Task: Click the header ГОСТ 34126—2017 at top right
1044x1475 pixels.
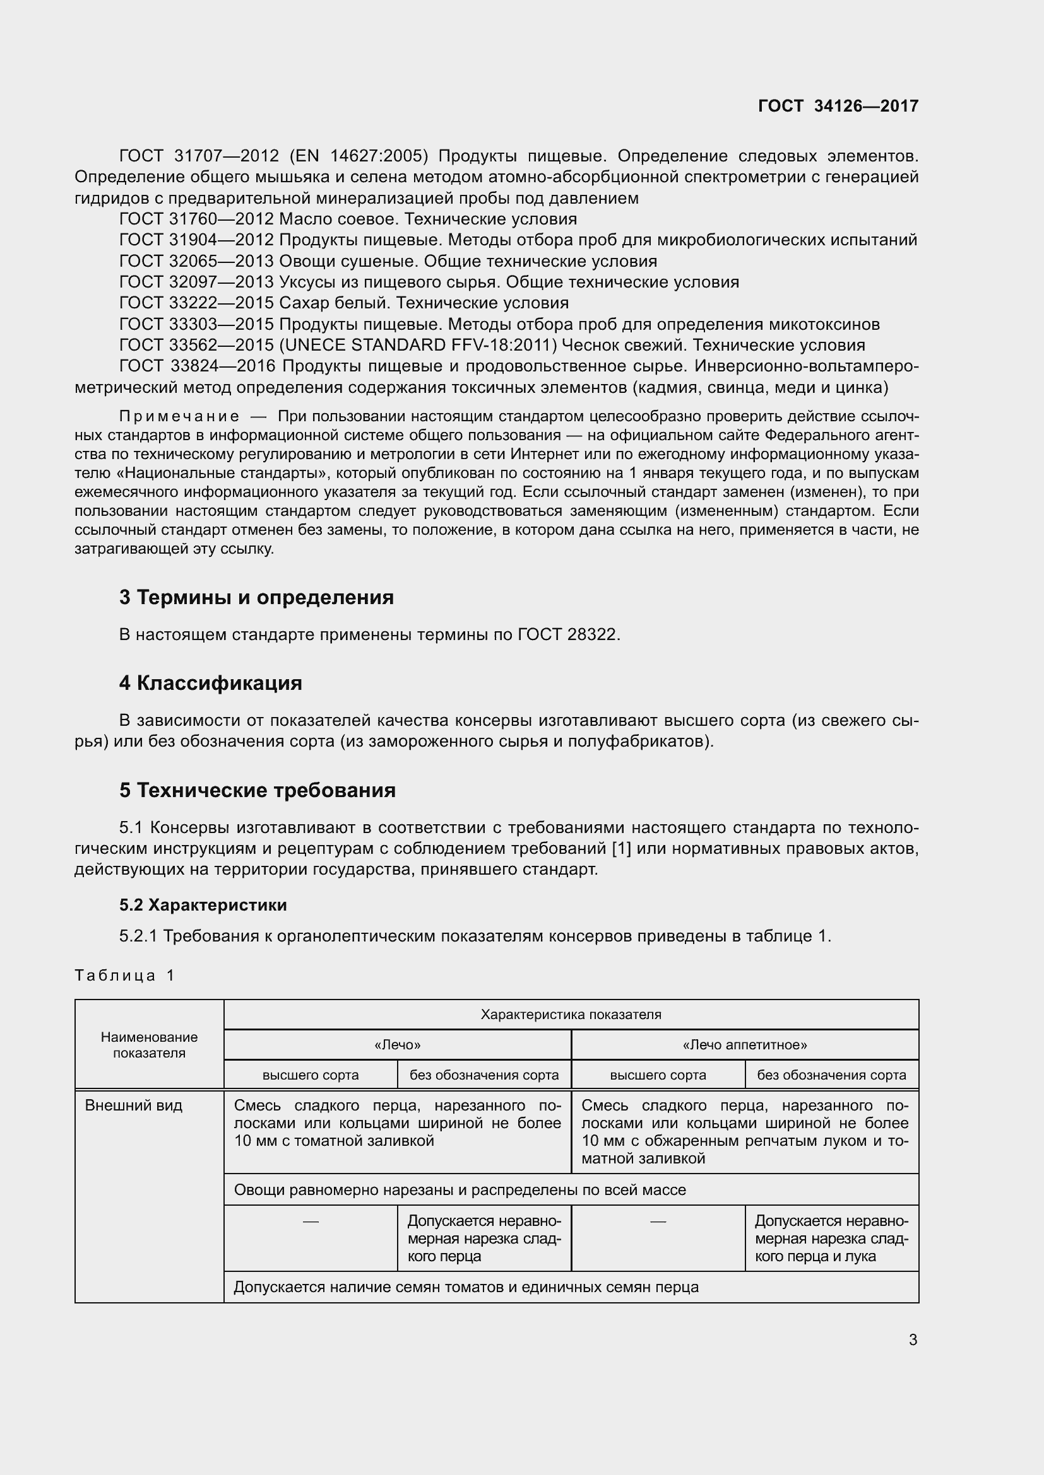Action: click(838, 106)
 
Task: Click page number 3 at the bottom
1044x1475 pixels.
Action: click(913, 1339)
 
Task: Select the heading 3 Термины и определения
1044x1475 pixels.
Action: click(256, 597)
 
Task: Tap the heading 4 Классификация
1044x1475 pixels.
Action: click(210, 683)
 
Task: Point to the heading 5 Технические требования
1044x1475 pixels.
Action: click(257, 790)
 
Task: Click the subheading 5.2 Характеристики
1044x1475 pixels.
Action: click(203, 904)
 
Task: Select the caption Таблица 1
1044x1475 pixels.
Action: click(125, 975)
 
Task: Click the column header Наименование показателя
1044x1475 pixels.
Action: click(149, 1044)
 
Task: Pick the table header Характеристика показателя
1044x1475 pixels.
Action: click(571, 1015)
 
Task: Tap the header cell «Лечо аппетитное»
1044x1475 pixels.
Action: click(744, 1044)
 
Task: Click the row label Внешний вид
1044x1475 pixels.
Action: click(134, 1105)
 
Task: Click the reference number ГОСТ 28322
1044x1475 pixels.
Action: click(567, 635)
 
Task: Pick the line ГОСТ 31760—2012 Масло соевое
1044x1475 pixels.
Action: click(348, 219)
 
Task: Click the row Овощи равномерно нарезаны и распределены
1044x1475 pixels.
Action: click(460, 1190)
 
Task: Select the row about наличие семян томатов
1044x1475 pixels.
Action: click(466, 1287)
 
